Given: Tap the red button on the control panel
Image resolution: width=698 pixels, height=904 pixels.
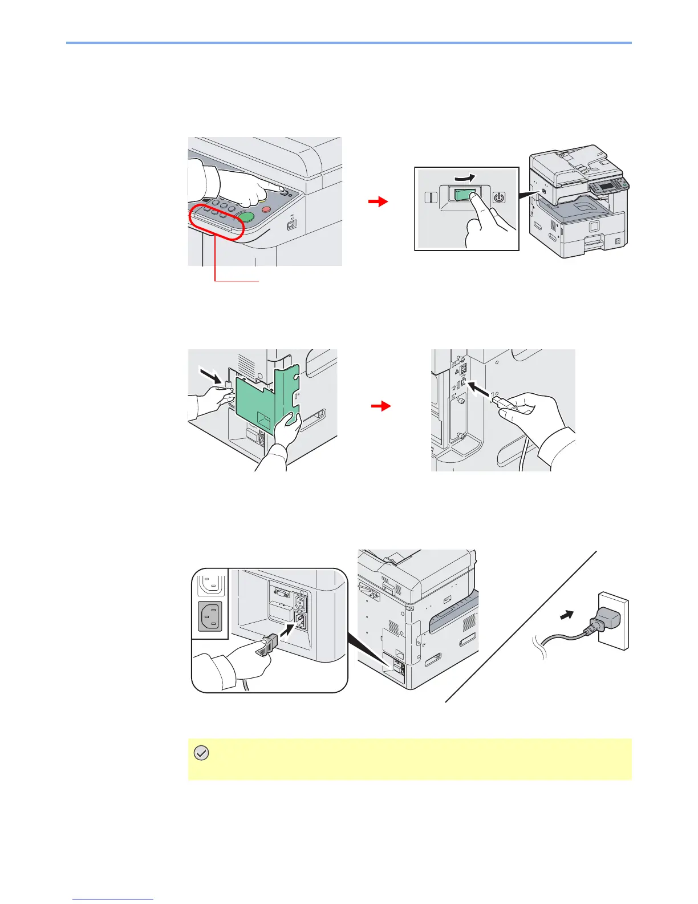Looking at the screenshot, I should tap(266, 209).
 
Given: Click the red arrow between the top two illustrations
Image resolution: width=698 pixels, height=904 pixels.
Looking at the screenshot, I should tap(378, 201).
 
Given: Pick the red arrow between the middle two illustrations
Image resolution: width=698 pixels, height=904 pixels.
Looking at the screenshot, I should tap(381, 406).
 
